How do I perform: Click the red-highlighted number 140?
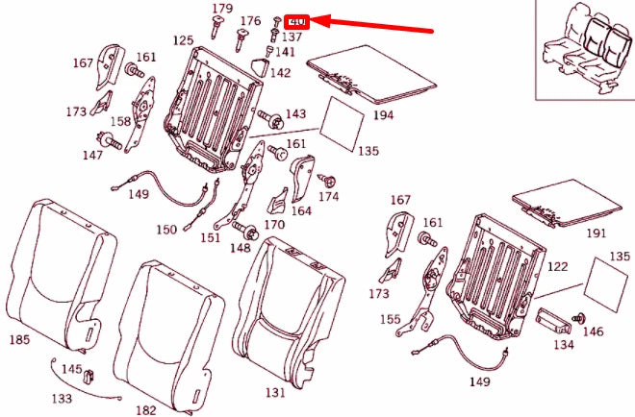[296, 21]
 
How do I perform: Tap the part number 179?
[222, 9]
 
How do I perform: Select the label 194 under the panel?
[384, 115]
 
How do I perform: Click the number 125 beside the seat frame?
[183, 40]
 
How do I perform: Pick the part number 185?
[19, 339]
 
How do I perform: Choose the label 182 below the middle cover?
[145, 409]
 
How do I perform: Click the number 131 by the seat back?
[275, 392]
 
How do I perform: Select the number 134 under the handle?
[563, 344]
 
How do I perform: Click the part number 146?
[593, 331]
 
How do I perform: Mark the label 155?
[389, 319]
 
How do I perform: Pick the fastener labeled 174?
[328, 179]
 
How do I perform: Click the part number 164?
[301, 209]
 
